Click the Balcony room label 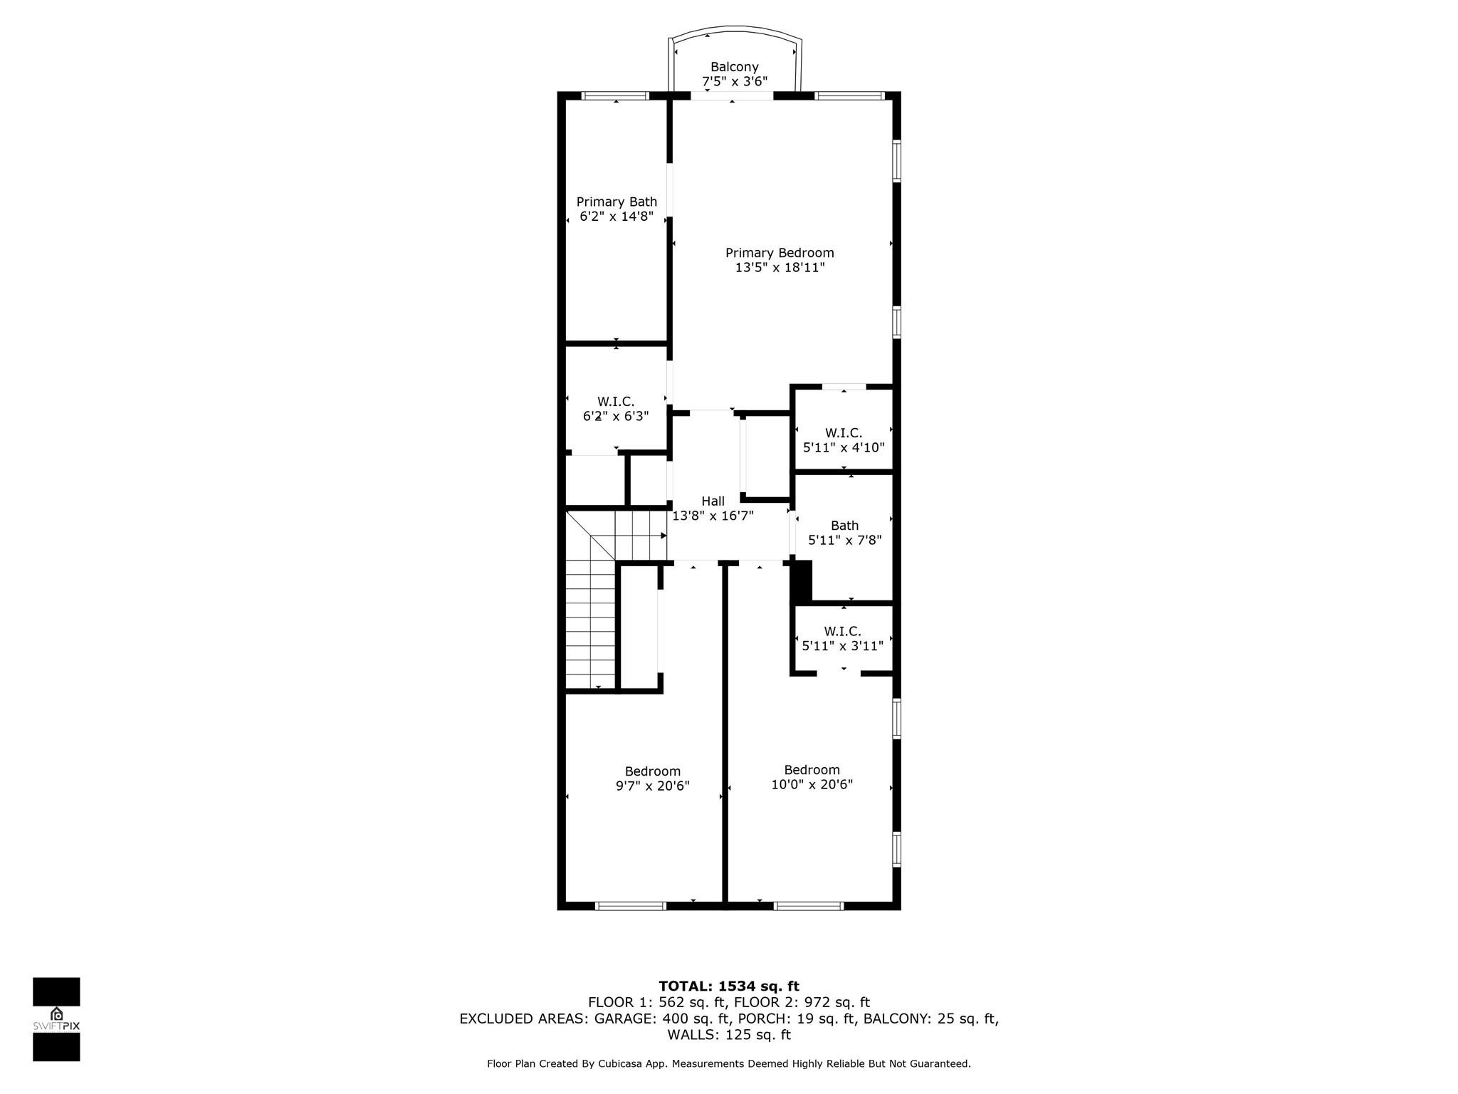click(x=734, y=67)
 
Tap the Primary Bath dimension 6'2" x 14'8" click(x=617, y=217)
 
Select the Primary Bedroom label click(x=780, y=253)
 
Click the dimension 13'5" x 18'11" click(x=780, y=268)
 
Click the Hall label click(x=713, y=501)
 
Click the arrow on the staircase click(x=663, y=535)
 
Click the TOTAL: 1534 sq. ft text click(x=729, y=986)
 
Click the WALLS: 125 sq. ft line click(x=729, y=1035)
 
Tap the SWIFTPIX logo click(x=56, y=1019)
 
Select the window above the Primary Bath click(x=616, y=95)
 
